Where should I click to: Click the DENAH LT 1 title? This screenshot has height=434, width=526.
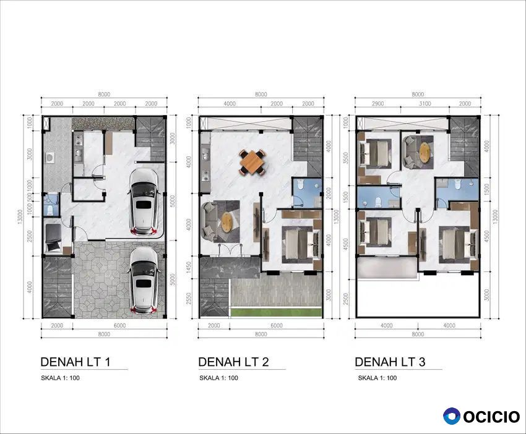(x=75, y=362)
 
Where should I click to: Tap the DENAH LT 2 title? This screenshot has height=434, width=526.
(x=233, y=362)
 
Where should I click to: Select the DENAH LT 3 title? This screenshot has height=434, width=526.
(x=390, y=362)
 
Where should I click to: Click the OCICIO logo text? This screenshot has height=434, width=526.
(x=491, y=417)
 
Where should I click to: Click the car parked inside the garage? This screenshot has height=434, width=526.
(x=144, y=202)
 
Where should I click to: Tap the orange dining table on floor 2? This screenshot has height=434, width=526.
(x=252, y=163)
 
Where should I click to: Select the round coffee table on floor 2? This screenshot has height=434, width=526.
(x=227, y=222)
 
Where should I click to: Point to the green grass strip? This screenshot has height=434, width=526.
(x=276, y=312)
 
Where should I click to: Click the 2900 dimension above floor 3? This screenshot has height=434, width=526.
(x=377, y=104)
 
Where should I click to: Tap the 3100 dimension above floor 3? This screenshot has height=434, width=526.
(x=425, y=104)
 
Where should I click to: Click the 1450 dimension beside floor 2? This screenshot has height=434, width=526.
(x=189, y=267)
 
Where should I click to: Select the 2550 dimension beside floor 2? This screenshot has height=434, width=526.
(x=189, y=299)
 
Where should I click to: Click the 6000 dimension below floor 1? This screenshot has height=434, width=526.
(x=120, y=325)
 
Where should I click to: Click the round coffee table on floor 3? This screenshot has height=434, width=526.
(x=425, y=152)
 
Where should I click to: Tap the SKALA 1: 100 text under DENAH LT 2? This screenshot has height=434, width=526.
(x=218, y=378)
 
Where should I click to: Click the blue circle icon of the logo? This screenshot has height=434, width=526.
(x=452, y=416)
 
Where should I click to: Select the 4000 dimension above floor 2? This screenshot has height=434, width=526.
(x=230, y=104)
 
